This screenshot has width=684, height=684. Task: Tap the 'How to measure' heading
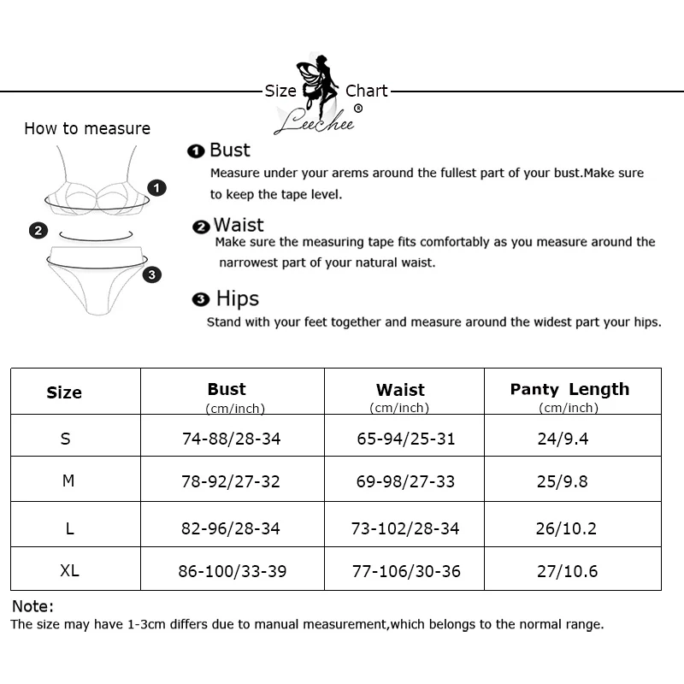[x=87, y=129]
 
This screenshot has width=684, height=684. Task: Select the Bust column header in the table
[x=227, y=390]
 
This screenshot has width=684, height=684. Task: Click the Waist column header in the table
[x=400, y=391]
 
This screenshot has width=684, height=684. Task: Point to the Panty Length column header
[x=569, y=390]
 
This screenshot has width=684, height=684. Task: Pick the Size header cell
[x=64, y=393]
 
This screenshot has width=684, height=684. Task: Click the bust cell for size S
[x=232, y=439]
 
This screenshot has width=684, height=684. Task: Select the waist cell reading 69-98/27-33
[x=406, y=482]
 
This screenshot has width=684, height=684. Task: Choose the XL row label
[x=70, y=570]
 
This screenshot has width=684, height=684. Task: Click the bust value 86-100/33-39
[x=232, y=571]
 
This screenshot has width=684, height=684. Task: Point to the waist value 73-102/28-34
[x=406, y=528]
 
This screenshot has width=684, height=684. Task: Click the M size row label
[x=68, y=481]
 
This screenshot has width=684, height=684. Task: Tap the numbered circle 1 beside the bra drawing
[x=156, y=187]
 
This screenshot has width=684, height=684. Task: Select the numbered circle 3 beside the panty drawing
[x=151, y=274]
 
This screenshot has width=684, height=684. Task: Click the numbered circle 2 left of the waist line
[x=38, y=230]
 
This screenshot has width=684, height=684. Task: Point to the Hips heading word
[x=238, y=298]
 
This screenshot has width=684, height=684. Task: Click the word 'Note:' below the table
[x=32, y=606]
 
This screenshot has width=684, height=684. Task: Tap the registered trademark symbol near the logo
[x=358, y=109]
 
